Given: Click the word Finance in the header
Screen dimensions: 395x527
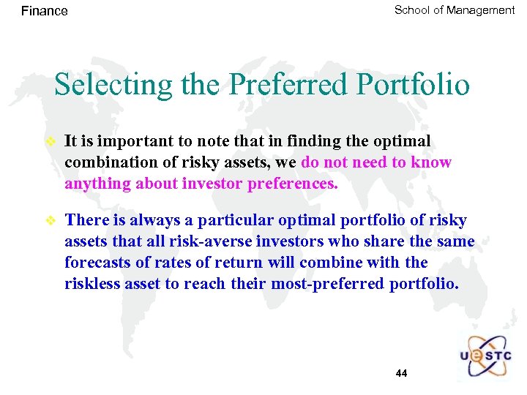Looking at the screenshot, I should click(x=44, y=11).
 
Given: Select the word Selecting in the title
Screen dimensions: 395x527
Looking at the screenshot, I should click(x=100, y=85).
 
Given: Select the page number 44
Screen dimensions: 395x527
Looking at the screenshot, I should click(x=401, y=374).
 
